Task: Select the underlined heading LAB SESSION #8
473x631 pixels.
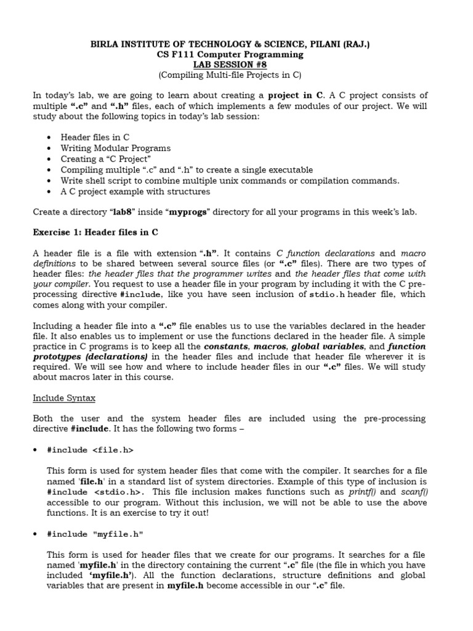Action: [236, 65]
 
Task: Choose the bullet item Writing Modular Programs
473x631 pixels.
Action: [116, 148]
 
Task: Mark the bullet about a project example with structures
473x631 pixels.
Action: [135, 191]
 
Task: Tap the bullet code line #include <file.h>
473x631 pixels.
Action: [90, 450]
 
